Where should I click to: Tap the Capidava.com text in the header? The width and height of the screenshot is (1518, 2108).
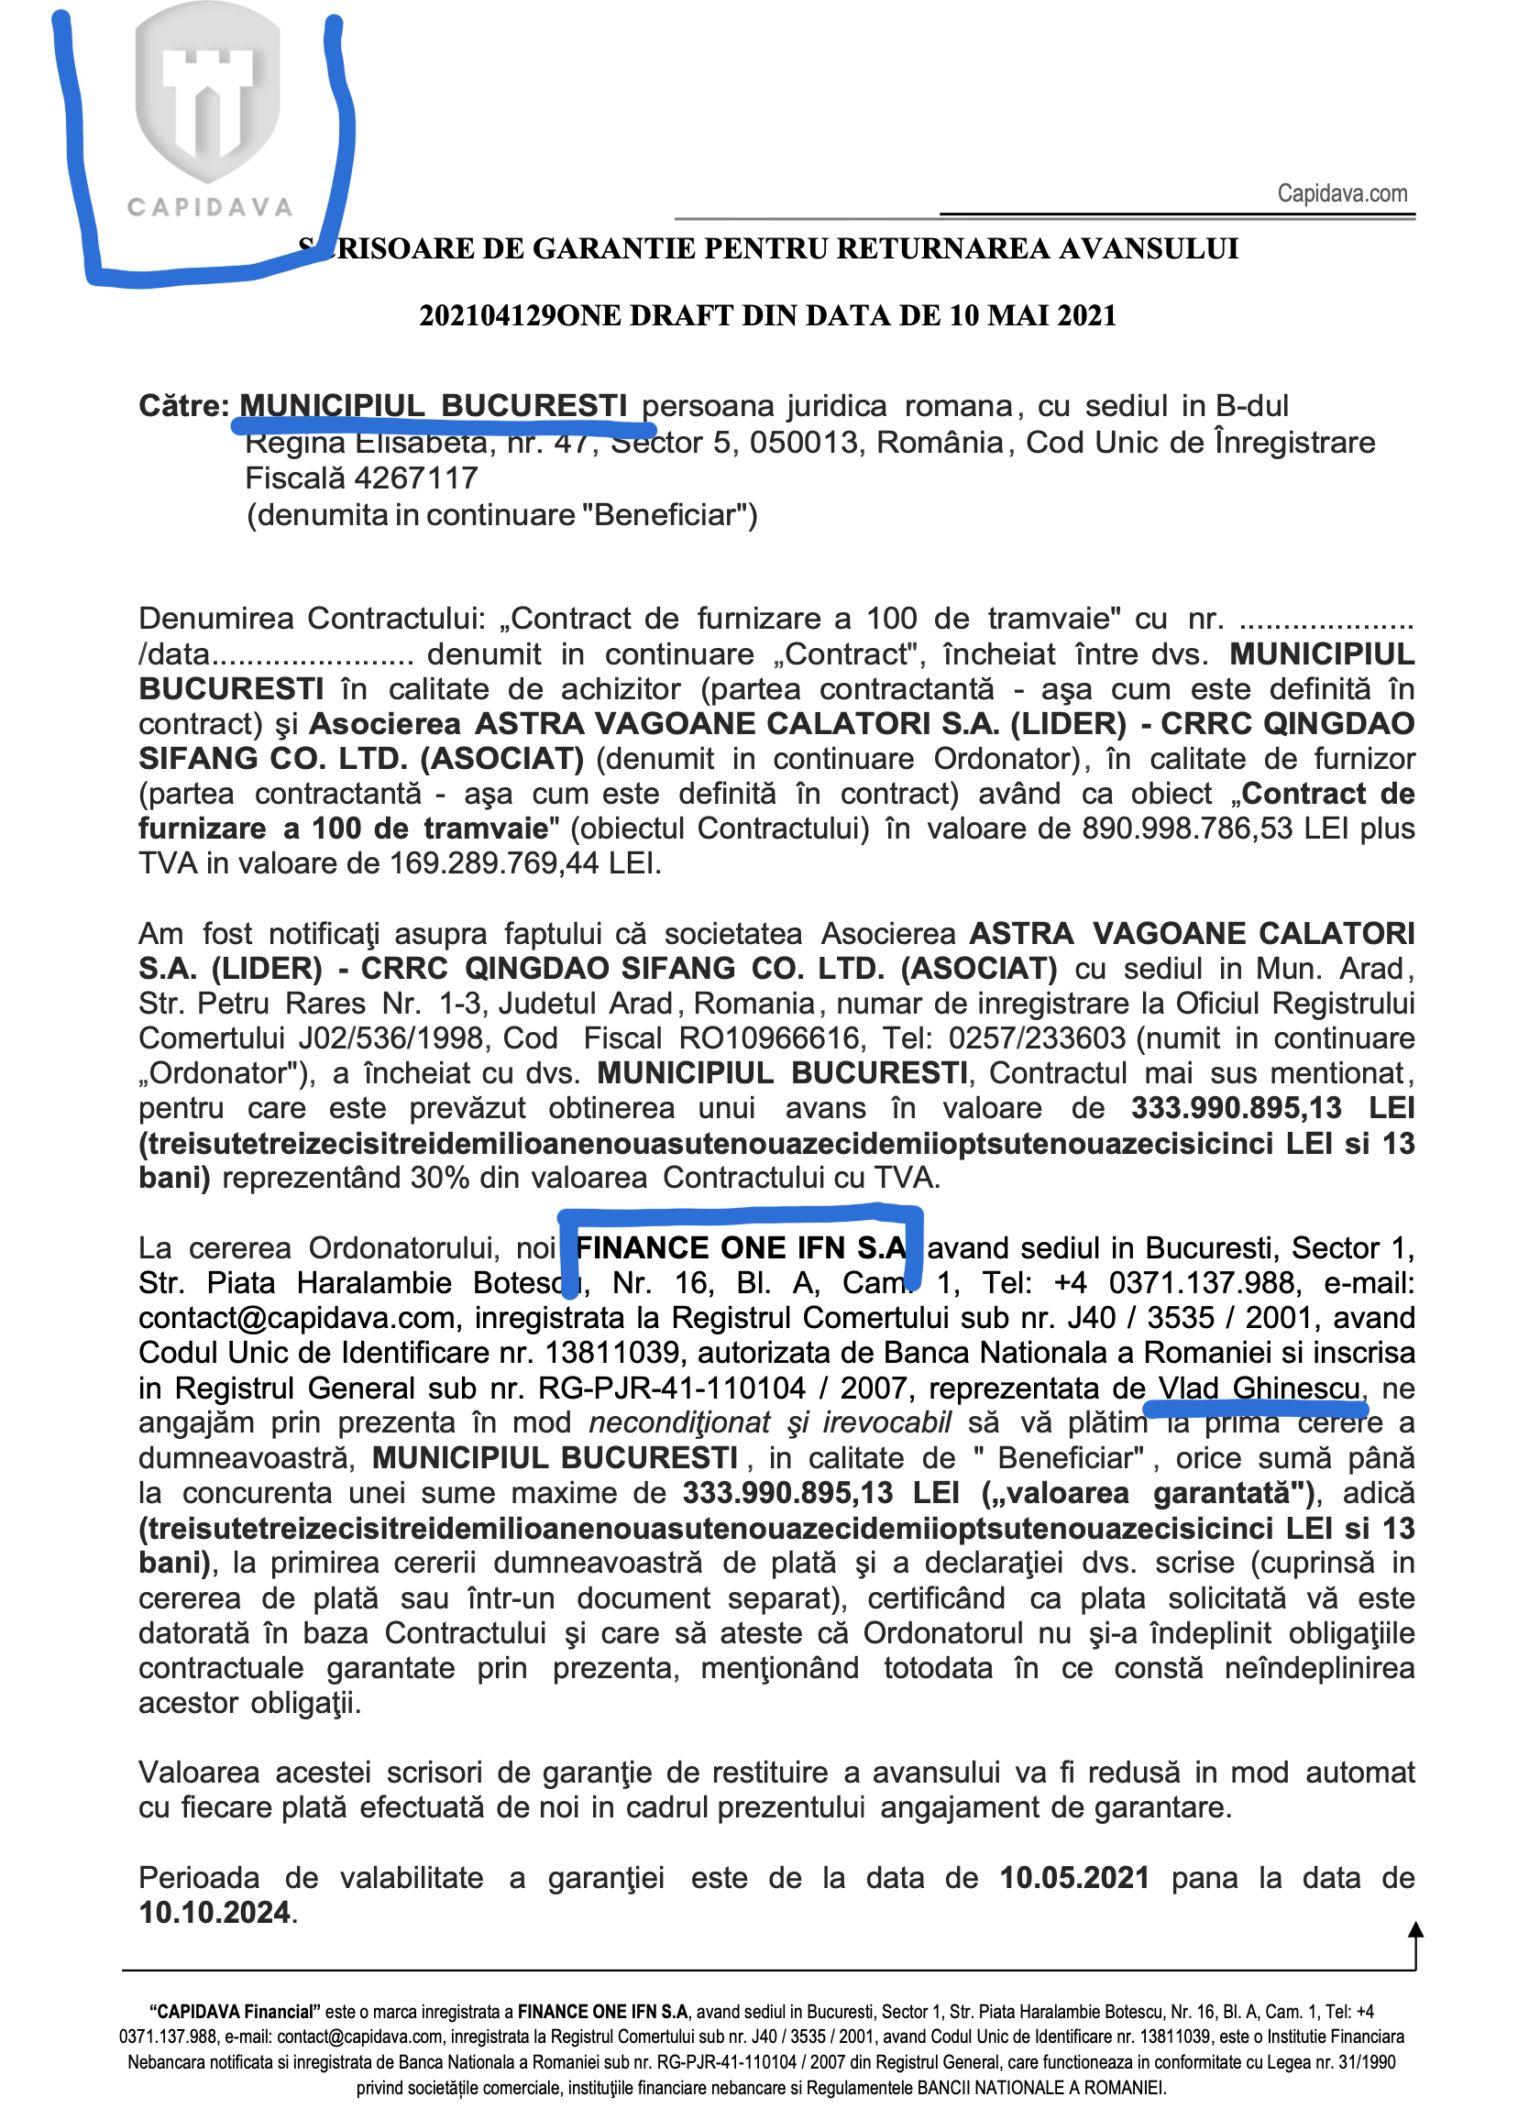[1341, 193]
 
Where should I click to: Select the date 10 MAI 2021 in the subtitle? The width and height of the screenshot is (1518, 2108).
[1032, 316]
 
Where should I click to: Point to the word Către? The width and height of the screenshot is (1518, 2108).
[183, 406]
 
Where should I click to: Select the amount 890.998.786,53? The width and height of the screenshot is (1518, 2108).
[1186, 829]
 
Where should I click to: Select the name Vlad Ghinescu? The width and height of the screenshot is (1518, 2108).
[1259, 1389]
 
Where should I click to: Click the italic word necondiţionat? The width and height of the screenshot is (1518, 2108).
[678, 1423]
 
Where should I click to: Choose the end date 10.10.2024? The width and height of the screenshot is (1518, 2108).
[214, 1913]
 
